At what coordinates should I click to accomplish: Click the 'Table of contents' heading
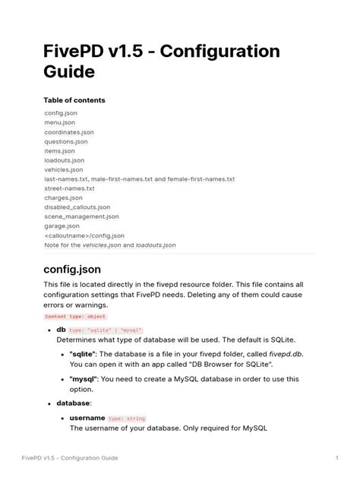point(74,100)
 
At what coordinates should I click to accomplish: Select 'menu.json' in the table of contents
point(59,122)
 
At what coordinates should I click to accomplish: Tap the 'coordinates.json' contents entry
point(69,132)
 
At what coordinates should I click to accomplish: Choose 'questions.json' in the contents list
point(66,141)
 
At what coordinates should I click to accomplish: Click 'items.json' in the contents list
point(59,151)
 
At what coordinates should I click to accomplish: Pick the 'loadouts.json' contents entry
point(65,160)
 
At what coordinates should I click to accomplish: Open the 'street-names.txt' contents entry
point(69,188)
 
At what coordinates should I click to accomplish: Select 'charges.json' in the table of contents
point(64,197)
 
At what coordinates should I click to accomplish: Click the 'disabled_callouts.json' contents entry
point(77,207)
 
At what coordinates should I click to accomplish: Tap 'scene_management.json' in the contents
point(80,216)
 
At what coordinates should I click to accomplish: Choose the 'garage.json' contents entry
point(62,226)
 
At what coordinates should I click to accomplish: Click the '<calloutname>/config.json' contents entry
point(84,235)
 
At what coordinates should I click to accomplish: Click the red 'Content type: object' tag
point(75,316)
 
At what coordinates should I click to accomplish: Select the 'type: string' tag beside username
point(127,418)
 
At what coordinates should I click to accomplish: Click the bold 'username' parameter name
point(87,418)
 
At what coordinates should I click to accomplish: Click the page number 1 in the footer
point(336,458)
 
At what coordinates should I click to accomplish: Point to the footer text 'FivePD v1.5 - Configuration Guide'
point(70,458)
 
